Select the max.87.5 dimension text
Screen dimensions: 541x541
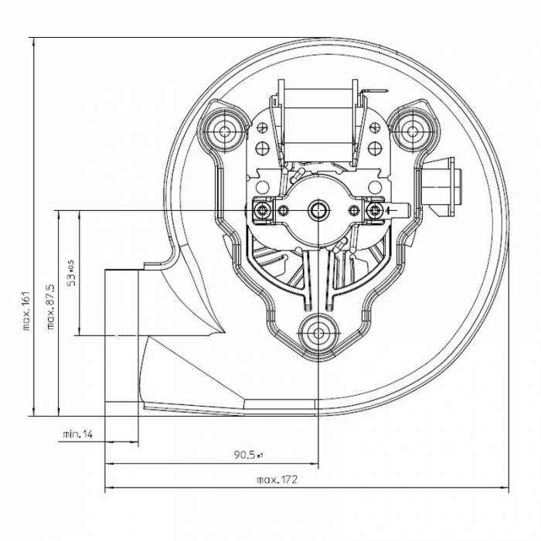50,309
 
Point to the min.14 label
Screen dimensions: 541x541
77,435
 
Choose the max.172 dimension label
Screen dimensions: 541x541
277,480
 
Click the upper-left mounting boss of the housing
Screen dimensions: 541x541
224,129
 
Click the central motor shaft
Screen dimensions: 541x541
318,209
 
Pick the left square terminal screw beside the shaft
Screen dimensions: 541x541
264,209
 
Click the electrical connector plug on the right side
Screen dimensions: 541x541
444,183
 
